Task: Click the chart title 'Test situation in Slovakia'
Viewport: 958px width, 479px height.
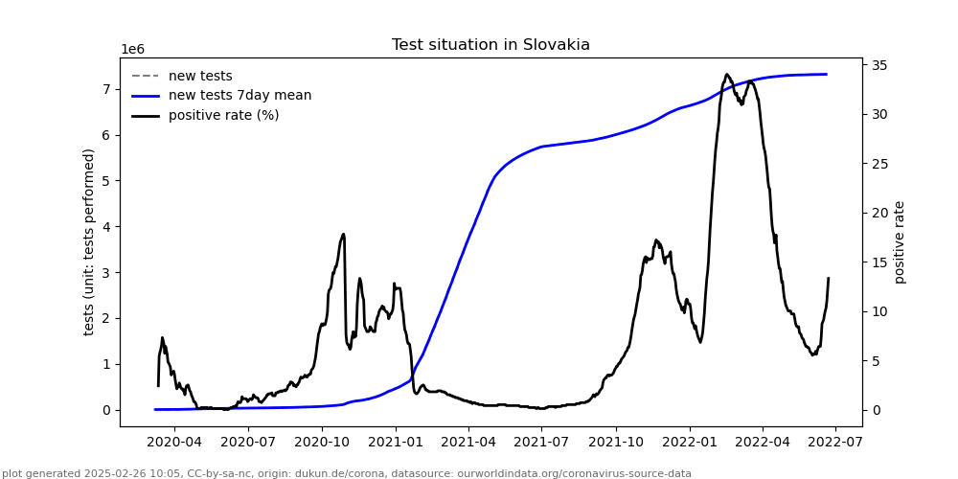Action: tap(490, 45)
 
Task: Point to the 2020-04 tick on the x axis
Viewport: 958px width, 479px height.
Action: tap(174, 443)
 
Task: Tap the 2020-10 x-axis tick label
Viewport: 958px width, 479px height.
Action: tap(322, 443)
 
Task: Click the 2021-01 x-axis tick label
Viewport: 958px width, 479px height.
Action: tap(396, 443)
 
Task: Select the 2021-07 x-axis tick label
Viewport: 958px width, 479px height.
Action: tap(542, 443)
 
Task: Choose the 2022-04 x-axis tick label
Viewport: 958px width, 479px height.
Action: tap(763, 443)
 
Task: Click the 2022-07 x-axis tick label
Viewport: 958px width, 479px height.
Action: tap(835, 443)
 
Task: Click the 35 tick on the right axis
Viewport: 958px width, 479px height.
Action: tap(878, 66)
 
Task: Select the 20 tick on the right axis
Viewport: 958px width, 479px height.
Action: tap(878, 214)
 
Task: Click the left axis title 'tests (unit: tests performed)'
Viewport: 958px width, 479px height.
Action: tap(90, 241)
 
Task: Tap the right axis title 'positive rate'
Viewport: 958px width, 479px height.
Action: tap(900, 241)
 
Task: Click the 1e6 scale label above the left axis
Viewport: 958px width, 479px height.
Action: tap(132, 50)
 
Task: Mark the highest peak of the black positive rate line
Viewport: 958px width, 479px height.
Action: tap(727, 75)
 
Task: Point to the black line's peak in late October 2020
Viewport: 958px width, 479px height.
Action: tap(343, 234)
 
